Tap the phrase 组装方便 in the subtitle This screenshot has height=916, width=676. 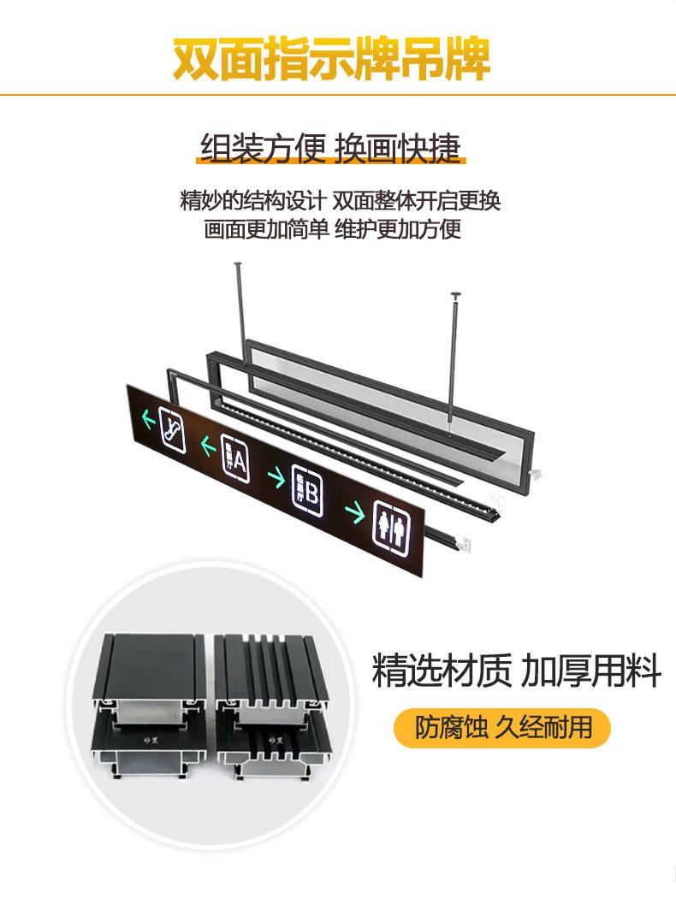[x=264, y=148]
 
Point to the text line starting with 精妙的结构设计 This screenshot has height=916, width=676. [x=340, y=201]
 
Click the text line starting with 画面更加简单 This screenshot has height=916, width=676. [x=333, y=229]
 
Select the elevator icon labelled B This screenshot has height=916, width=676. [x=307, y=489]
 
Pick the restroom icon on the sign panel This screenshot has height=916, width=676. [x=393, y=524]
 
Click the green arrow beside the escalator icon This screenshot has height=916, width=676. [x=147, y=418]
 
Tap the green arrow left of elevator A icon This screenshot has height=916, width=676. [x=207, y=446]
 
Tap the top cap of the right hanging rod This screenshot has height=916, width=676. [x=456, y=296]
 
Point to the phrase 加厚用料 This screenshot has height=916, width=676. [x=591, y=671]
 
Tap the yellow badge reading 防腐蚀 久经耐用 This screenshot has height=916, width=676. [x=502, y=728]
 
